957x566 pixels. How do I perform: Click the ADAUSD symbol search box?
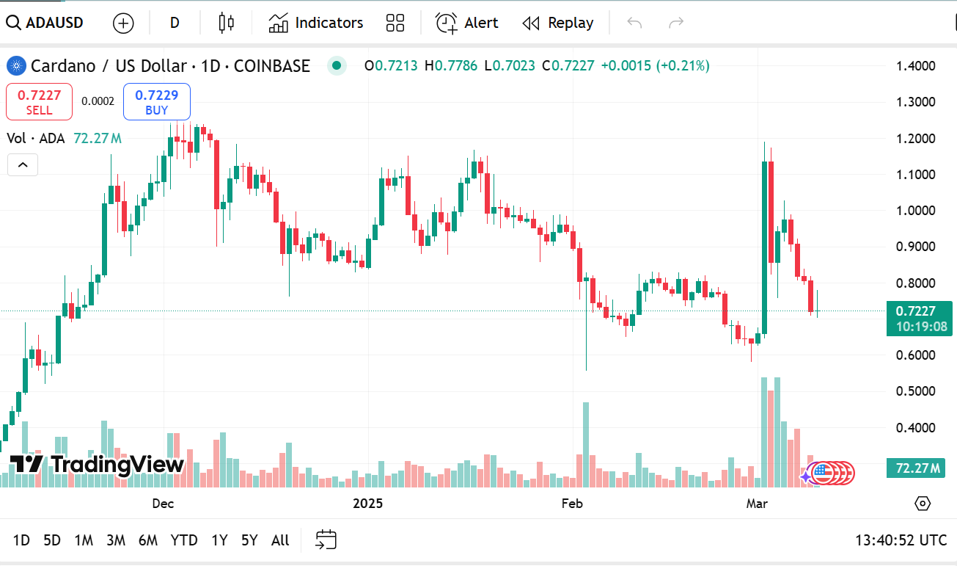45,23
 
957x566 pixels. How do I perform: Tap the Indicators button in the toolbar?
316,23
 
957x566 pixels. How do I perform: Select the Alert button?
467,23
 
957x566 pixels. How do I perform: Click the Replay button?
558,23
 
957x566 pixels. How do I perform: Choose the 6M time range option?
148,540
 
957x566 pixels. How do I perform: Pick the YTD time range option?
184,540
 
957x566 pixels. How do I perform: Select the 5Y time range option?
249,540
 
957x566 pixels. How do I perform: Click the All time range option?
280,540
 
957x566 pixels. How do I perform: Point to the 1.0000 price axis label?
916,211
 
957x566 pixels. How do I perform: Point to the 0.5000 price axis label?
916,391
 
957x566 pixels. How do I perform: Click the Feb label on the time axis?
571,503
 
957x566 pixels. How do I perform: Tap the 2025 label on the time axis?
368,503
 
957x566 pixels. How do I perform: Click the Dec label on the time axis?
163,503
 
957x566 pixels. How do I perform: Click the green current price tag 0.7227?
917,311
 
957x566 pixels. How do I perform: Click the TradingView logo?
97,464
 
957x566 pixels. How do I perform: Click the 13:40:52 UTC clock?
901,540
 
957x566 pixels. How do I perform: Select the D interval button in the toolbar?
175,23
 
